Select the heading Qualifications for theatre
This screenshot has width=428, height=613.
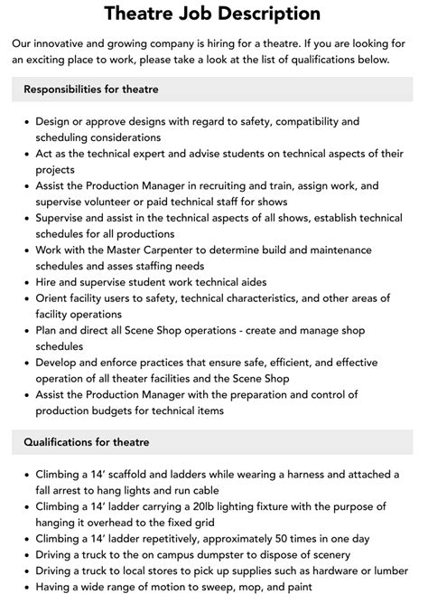88,442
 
